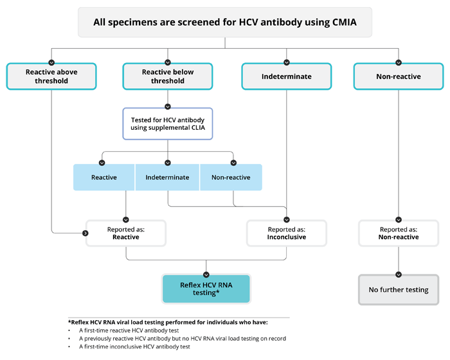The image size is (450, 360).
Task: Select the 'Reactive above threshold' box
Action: coord(51,76)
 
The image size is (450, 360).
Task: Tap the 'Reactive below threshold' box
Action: coord(167,76)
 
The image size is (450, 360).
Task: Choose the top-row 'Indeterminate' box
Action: coord(286,76)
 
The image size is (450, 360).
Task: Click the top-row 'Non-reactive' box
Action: coord(398,76)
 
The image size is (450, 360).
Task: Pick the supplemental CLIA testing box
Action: coord(167,123)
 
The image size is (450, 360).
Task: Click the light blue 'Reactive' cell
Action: coord(104,177)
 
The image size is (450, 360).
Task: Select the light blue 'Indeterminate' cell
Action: coord(167,177)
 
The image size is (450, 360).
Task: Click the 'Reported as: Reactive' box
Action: coord(126,233)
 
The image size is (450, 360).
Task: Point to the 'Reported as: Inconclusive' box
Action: coord(286,233)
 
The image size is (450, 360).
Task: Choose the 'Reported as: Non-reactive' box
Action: coord(398,233)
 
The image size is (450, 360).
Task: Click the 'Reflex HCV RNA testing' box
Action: coord(206,289)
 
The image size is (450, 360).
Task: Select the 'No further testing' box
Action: coord(398,290)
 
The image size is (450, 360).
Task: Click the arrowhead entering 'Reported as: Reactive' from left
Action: coord(85,233)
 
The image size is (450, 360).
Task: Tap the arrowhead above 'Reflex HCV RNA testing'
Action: coord(206,272)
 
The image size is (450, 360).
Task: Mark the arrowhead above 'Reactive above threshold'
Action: coord(51,62)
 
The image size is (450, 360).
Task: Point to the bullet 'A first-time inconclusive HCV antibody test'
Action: coord(134,346)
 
